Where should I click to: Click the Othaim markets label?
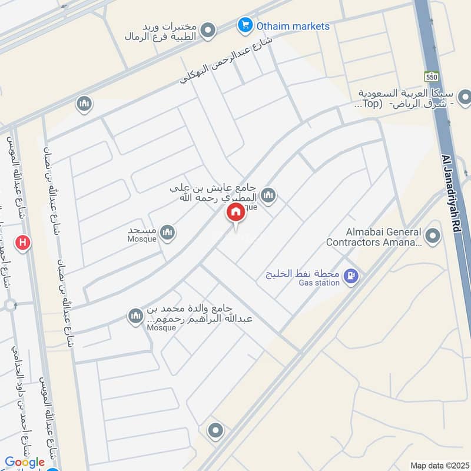[293, 26]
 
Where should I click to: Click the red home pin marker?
[236, 213]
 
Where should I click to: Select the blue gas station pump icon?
[351, 275]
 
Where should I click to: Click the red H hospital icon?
[23, 242]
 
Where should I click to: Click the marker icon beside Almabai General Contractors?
[433, 237]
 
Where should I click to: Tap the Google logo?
[25, 462]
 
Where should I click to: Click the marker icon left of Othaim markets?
[207, 29]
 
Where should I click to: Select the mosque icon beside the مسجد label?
[168, 233]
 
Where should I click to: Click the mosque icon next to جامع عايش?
[268, 195]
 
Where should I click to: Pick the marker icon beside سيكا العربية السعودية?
[465, 95]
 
